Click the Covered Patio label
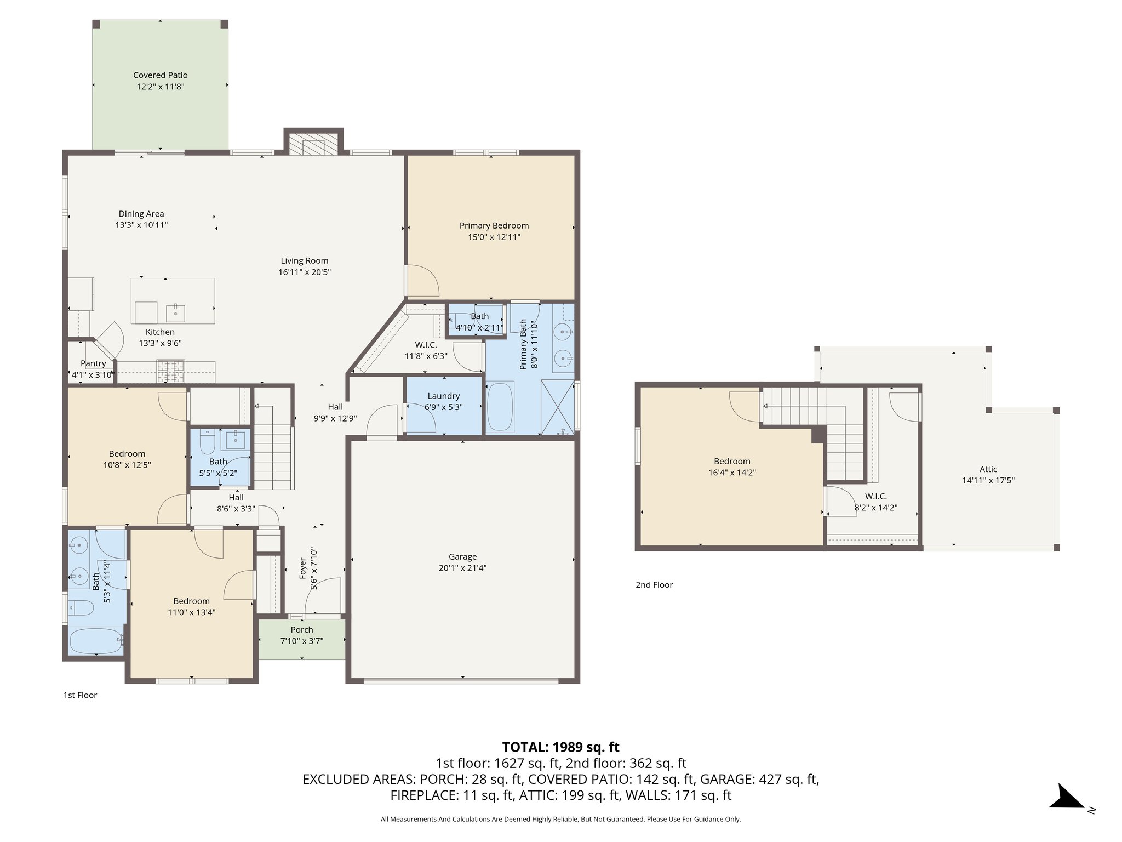click(x=160, y=75)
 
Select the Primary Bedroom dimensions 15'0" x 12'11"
click(x=494, y=237)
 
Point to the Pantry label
click(x=93, y=363)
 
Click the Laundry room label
click(x=443, y=396)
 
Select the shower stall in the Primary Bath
click(x=557, y=407)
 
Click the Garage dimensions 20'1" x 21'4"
click(x=462, y=568)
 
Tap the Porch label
click(x=302, y=630)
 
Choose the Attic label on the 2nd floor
click(x=988, y=469)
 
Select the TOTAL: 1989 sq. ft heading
click(x=560, y=747)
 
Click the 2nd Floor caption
click(x=654, y=585)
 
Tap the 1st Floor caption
click(x=80, y=695)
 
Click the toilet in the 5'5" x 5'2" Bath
click(x=207, y=442)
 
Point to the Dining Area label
click(x=141, y=214)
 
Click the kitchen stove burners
click(x=170, y=371)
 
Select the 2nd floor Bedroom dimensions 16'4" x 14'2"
click(x=732, y=473)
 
